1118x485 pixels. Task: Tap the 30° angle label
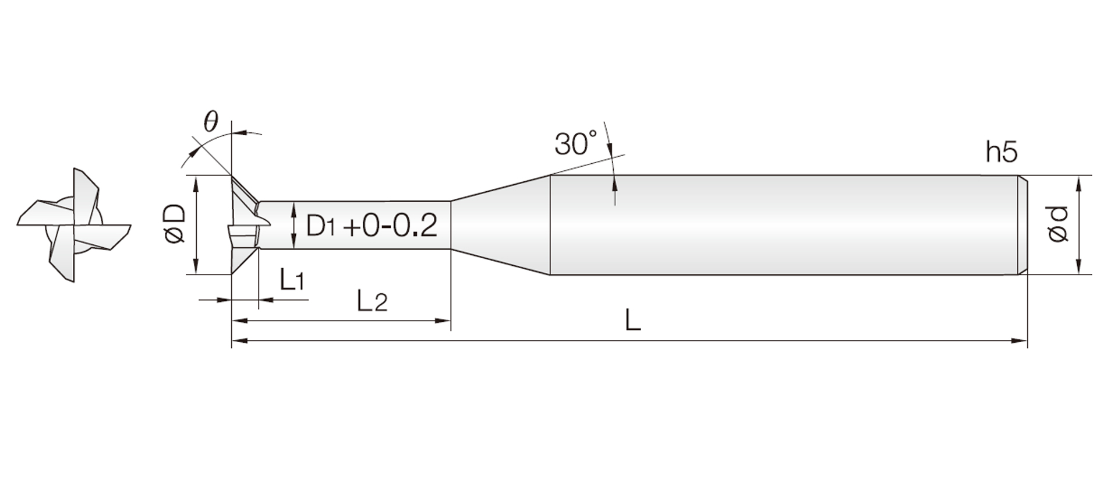(x=576, y=143)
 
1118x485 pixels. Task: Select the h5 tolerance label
(x=1002, y=152)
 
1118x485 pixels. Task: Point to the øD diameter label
(x=175, y=224)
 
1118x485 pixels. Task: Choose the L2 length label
(x=372, y=301)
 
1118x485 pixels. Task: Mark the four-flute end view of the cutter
(x=75, y=225)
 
